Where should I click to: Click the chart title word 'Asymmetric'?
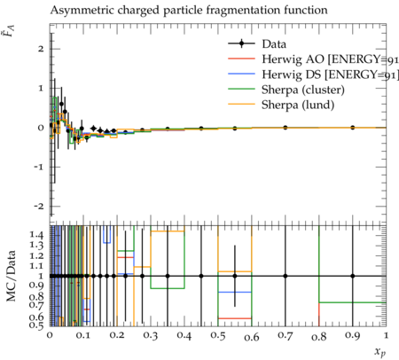point(82,11)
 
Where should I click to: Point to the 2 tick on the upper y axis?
point(41,49)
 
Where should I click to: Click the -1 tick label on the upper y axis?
point(39,167)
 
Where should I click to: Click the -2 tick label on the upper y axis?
point(39,206)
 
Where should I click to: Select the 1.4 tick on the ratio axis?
point(36,235)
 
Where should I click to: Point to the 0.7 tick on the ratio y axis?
point(36,306)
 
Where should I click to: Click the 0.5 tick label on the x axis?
point(218,336)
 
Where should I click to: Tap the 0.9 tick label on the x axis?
point(353,336)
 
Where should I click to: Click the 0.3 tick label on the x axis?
point(151,336)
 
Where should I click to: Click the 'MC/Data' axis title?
point(12,276)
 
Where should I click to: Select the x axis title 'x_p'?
point(380,351)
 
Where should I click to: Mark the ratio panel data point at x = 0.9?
point(353,276)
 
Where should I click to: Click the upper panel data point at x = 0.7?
point(286,128)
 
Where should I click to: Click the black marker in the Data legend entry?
point(241,44)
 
